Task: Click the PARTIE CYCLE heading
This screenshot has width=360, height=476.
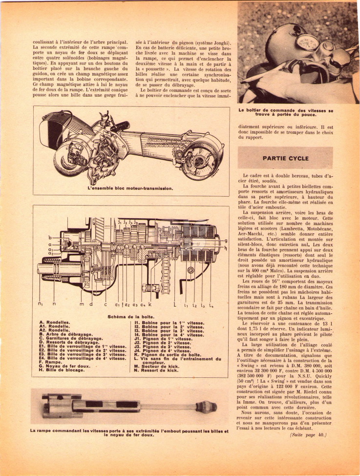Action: [x=286, y=158]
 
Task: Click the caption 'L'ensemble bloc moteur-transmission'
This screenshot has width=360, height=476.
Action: [x=130, y=188]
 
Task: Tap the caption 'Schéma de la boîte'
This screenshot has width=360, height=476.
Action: [x=130, y=317]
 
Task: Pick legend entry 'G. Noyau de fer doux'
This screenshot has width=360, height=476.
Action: [x=64, y=366]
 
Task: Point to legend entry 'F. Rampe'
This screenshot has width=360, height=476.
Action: [x=50, y=362]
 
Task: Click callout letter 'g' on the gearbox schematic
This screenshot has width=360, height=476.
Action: [x=226, y=241]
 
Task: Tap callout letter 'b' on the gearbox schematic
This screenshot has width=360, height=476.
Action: [x=50, y=238]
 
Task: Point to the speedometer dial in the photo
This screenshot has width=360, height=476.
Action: [x=307, y=42]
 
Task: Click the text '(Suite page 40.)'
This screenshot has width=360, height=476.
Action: [x=308, y=435]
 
